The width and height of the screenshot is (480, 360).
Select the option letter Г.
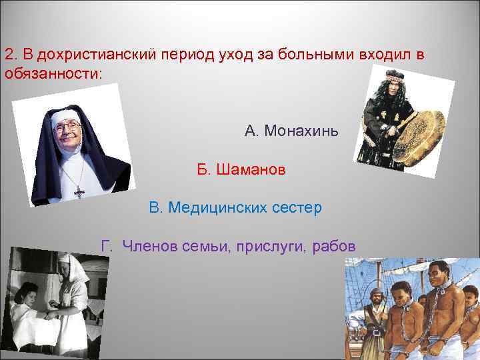click(105, 247)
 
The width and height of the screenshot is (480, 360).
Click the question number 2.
click(9, 53)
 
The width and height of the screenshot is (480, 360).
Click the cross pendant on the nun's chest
click(79, 192)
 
